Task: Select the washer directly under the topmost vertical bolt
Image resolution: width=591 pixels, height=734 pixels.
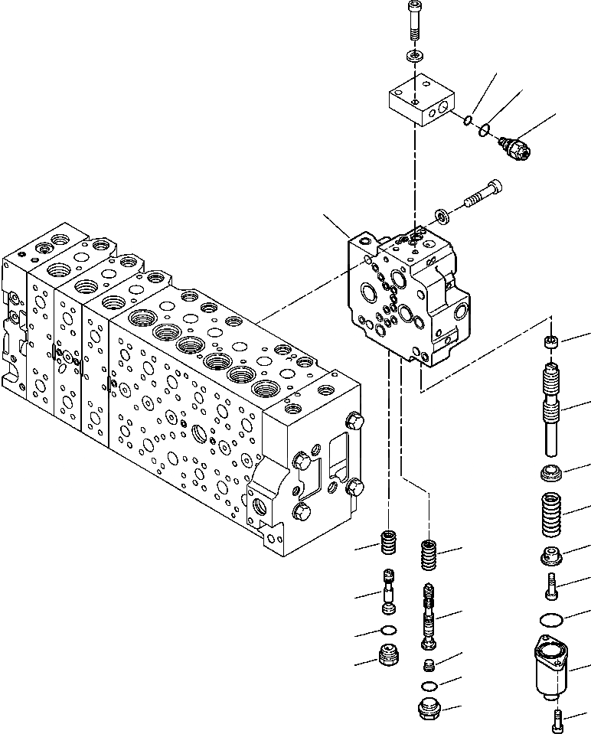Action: coord(414,57)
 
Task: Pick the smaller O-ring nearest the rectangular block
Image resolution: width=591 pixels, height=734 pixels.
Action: coord(467,119)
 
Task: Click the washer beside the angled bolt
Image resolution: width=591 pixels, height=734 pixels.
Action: coord(443,214)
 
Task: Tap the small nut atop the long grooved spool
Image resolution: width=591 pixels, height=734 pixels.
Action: coord(550,341)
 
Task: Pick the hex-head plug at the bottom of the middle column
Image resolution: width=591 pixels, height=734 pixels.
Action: coord(430,709)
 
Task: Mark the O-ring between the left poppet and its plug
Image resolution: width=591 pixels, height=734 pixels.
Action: coord(390,631)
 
